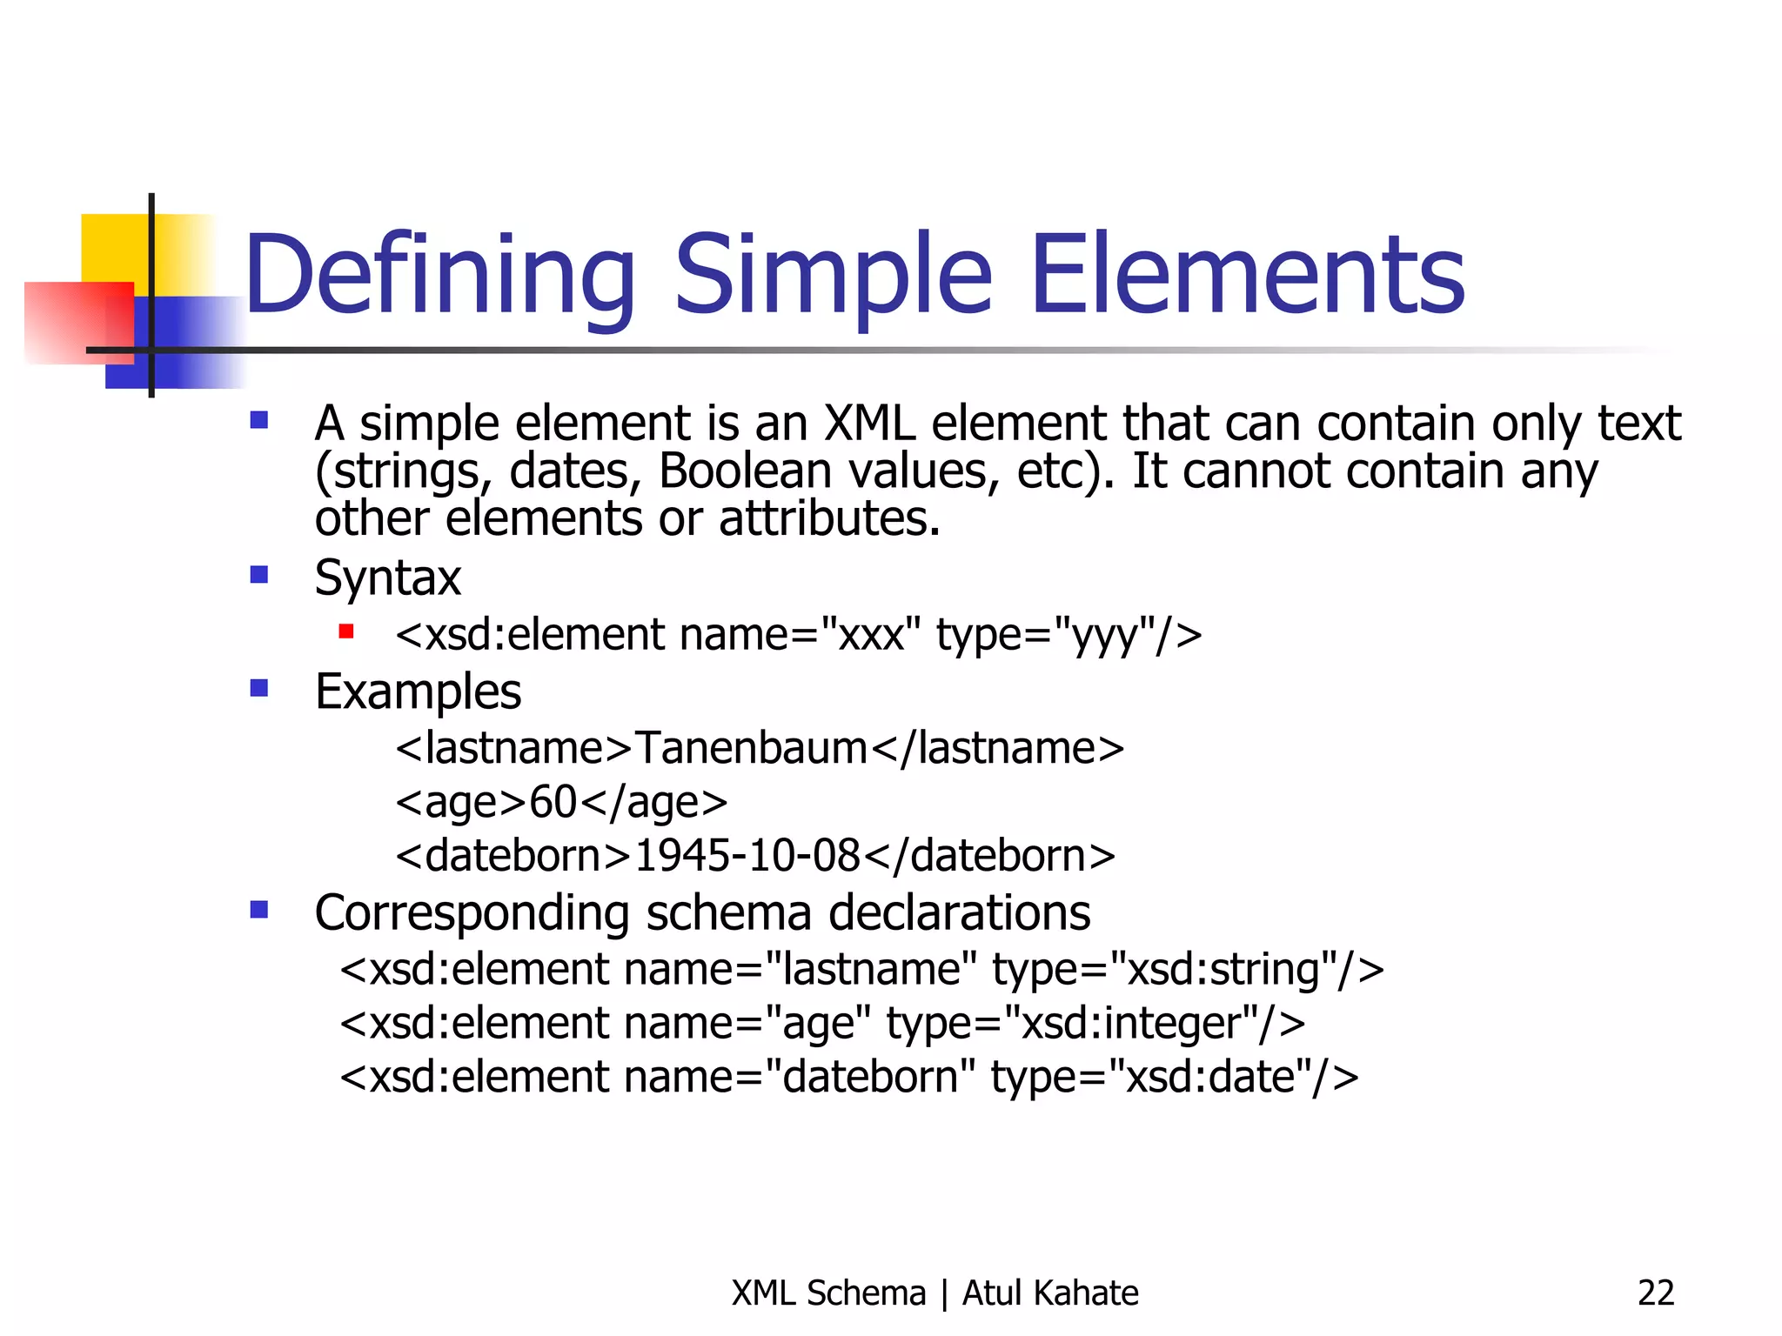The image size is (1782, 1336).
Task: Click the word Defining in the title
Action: [x=439, y=277]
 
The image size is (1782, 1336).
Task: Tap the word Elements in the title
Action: [x=1247, y=277]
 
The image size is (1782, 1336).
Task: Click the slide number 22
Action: [x=1655, y=1293]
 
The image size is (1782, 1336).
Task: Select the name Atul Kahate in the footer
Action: [x=1050, y=1293]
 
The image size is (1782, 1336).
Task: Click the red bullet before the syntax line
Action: [x=346, y=631]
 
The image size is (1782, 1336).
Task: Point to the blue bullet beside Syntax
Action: [x=258, y=575]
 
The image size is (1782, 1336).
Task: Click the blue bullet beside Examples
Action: [x=258, y=688]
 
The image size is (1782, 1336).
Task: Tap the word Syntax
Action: [x=387, y=578]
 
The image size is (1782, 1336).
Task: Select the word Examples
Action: [x=418, y=692]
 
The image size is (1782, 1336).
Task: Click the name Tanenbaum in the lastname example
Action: [x=751, y=748]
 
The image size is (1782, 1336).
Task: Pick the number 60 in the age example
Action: [x=553, y=802]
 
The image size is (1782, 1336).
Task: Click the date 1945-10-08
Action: [x=747, y=856]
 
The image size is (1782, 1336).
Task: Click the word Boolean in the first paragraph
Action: [x=746, y=471]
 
